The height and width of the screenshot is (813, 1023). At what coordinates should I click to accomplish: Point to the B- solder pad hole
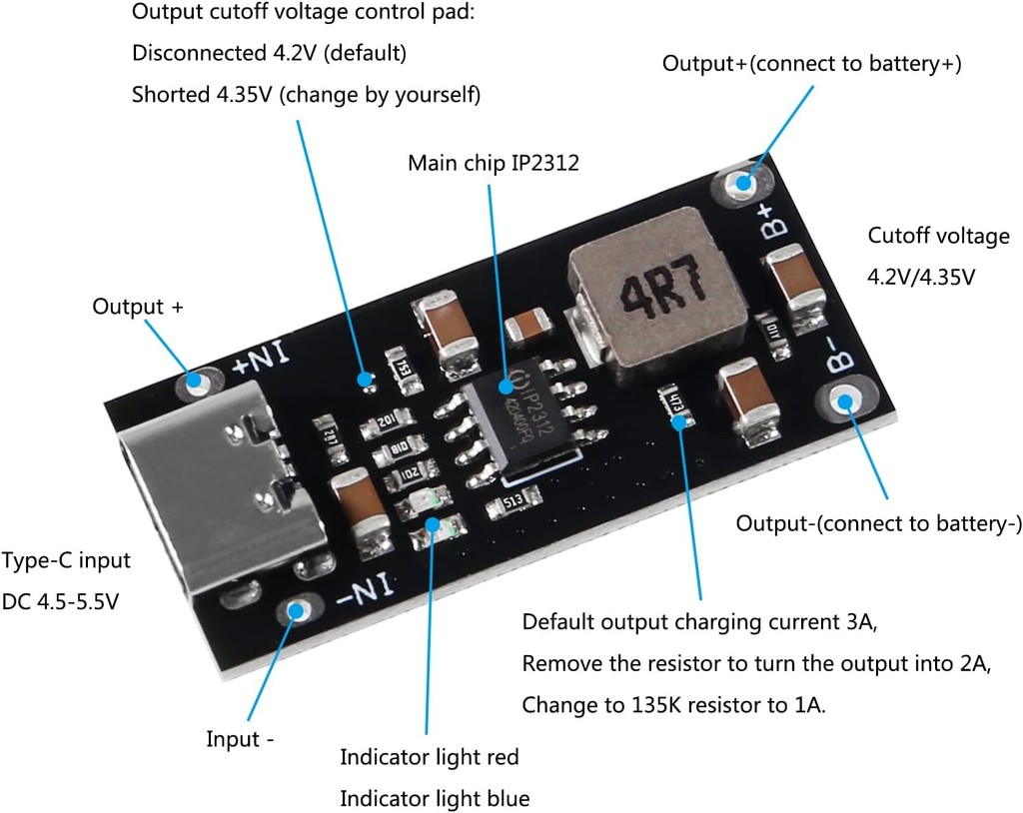tap(846, 403)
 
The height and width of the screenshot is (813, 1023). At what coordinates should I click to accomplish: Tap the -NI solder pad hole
tap(297, 610)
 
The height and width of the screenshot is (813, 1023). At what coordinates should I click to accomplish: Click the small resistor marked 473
tap(675, 402)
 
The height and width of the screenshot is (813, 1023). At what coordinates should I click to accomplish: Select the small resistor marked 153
tap(398, 365)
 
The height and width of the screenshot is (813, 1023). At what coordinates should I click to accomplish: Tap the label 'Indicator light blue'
tap(435, 798)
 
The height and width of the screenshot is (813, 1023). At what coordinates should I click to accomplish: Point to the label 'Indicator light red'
tap(430, 757)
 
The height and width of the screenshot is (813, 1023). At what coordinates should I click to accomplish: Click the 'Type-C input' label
tap(66, 560)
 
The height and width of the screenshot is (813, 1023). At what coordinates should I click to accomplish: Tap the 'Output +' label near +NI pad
tap(138, 307)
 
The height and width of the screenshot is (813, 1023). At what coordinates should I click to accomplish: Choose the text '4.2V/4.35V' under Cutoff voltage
tap(920, 277)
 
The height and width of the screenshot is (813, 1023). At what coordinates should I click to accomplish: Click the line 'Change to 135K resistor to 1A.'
tap(674, 705)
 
